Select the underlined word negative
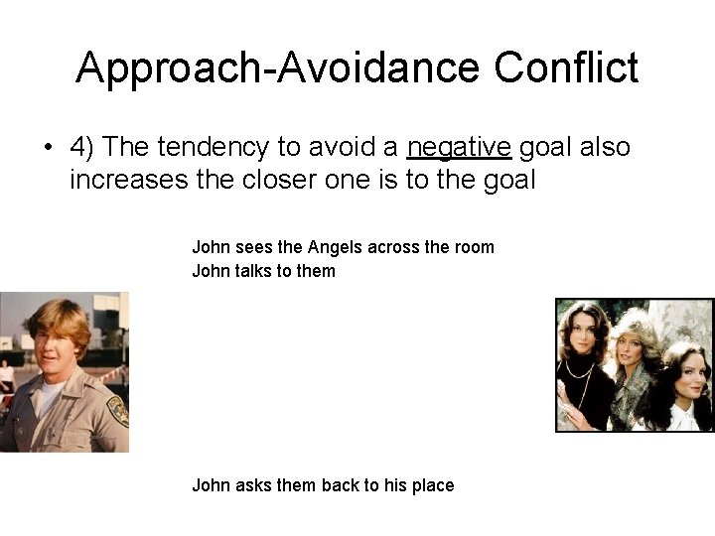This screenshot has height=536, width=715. pos(459,148)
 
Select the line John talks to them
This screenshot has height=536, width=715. pos(263,271)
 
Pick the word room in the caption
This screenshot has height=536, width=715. pos(473,247)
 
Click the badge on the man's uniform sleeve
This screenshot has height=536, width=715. pos(117,410)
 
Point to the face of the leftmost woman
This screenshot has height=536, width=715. pos(586,335)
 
